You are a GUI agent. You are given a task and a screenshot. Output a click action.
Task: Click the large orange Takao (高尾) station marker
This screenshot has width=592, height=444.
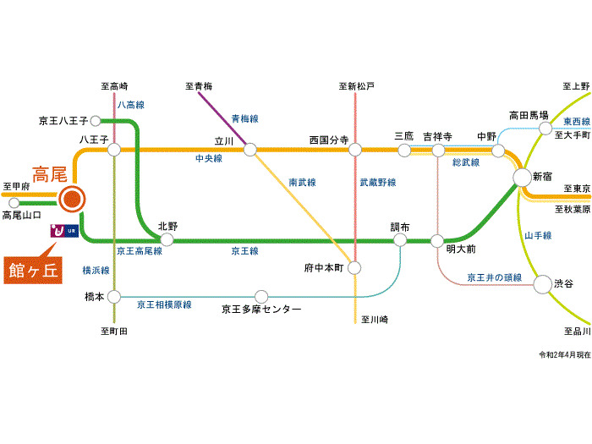click(72, 200)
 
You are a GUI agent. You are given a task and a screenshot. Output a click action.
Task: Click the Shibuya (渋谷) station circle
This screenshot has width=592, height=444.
click(541, 284)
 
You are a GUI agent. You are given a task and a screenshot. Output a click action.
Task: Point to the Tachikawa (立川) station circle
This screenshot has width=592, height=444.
click(249, 150)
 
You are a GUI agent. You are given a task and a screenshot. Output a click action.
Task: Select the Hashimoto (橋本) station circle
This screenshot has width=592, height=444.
click(114, 297)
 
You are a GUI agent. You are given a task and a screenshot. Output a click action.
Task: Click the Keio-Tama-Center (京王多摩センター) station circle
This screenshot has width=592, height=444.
click(260, 297)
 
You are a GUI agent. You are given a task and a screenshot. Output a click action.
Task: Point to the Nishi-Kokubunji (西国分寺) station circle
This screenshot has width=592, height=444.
click(354, 150)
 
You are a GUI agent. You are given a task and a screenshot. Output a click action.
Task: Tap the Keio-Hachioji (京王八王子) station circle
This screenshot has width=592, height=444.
click(96, 120)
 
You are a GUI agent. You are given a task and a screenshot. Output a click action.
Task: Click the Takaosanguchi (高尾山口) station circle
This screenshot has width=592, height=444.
click(14, 203)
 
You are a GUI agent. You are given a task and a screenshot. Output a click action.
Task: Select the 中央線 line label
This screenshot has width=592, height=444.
click(207, 159)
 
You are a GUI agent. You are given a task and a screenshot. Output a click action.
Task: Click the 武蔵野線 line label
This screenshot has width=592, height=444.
click(377, 182)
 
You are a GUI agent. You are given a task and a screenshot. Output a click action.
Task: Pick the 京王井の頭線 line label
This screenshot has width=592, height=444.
click(495, 277)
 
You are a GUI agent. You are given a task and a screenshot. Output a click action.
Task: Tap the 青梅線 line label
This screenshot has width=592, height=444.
click(244, 118)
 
